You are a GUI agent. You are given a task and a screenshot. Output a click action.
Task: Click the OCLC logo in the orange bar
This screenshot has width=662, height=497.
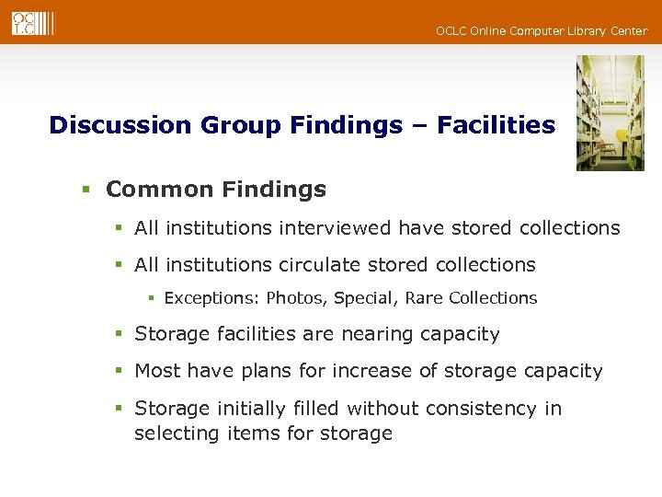click(x=32, y=22)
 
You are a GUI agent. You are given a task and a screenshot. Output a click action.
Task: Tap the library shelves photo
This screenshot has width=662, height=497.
click(x=610, y=112)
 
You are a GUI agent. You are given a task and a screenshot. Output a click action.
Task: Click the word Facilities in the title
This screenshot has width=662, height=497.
click(x=496, y=125)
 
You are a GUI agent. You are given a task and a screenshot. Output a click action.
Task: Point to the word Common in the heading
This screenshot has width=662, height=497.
click(x=158, y=190)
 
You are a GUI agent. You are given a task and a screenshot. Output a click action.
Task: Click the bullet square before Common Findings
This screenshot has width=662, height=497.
click(x=85, y=191)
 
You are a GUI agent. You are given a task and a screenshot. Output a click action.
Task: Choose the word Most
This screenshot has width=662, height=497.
click(x=156, y=371)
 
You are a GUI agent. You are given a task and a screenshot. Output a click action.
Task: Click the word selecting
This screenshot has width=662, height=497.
click(x=172, y=433)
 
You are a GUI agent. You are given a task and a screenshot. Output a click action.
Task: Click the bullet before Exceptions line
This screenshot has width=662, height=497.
click(x=153, y=299)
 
